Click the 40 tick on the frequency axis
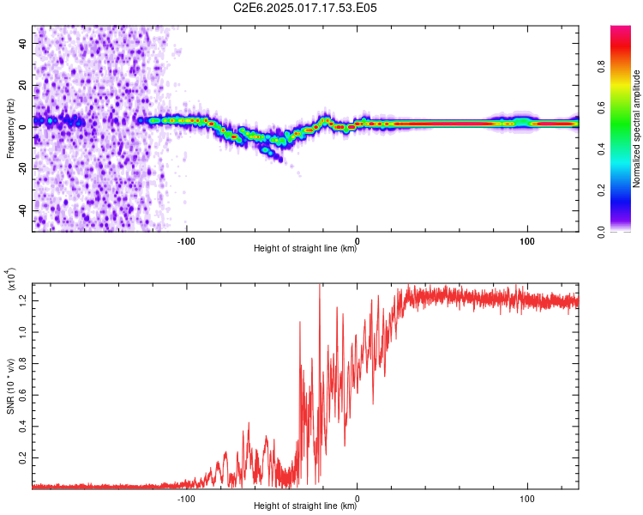(x=24, y=42)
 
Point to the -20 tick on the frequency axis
(x=24, y=168)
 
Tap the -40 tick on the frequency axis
(x=24, y=210)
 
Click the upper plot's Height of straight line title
(x=305, y=249)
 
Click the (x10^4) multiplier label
(x=12, y=280)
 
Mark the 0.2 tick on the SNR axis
(x=24, y=457)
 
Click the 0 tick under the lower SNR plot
(x=358, y=497)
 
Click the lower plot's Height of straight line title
(x=305, y=506)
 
